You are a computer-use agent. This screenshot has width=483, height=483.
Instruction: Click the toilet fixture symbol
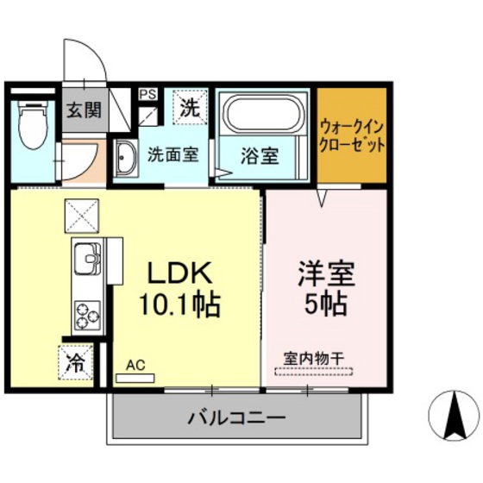pos(33,120)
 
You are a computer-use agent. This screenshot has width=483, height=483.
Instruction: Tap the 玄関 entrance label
pos(84,110)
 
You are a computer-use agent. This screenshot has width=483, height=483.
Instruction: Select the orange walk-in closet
pos(351,136)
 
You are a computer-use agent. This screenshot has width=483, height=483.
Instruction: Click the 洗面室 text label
pos(172,156)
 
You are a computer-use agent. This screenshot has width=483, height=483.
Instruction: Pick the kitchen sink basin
pos(85,256)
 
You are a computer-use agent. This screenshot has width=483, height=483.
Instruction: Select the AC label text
pos(135,365)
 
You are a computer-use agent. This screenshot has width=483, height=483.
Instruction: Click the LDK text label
pos(178,273)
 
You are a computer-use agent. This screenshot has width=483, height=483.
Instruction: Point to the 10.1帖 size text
pos(178,304)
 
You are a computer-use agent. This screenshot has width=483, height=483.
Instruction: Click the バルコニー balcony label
pos(235,420)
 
